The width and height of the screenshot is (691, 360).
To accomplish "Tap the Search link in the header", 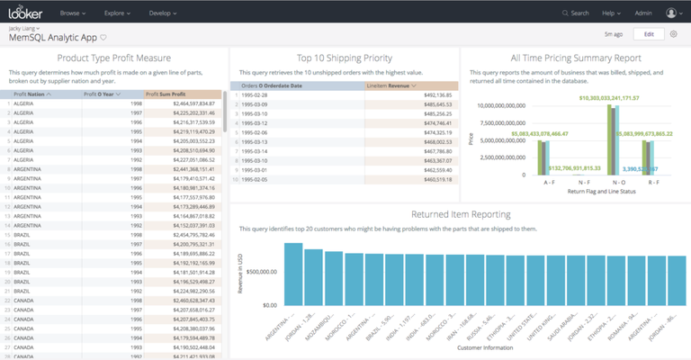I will pos(575,13).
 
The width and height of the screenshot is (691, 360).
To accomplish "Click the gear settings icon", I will pos(673,34).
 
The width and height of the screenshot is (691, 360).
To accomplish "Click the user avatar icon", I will pos(672,13).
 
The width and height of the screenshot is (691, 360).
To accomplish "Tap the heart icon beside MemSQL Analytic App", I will pos(103,38).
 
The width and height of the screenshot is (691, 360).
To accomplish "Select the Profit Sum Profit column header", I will pos(170,94).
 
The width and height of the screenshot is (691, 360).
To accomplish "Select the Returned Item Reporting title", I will pos(461,214).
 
